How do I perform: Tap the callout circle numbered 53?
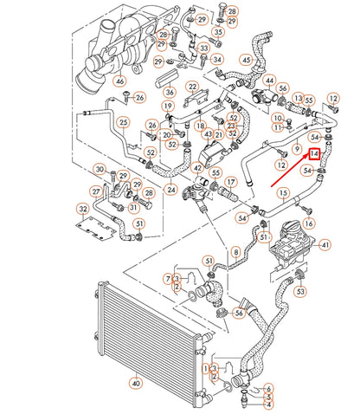pyautogui.click(x=300, y=291)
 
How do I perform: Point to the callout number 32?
pyautogui.click(x=83, y=209)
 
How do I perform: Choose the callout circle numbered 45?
pyautogui.click(x=247, y=59)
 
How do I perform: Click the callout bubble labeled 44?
pyautogui.click(x=269, y=80)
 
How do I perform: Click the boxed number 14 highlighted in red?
pyautogui.click(x=315, y=153)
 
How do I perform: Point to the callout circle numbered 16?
pyautogui.click(x=308, y=223)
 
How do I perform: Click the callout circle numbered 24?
pyautogui.click(x=170, y=190)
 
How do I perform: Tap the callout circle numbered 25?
pyautogui.click(x=124, y=123)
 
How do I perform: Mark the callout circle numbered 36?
pyautogui.click(x=170, y=92)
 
